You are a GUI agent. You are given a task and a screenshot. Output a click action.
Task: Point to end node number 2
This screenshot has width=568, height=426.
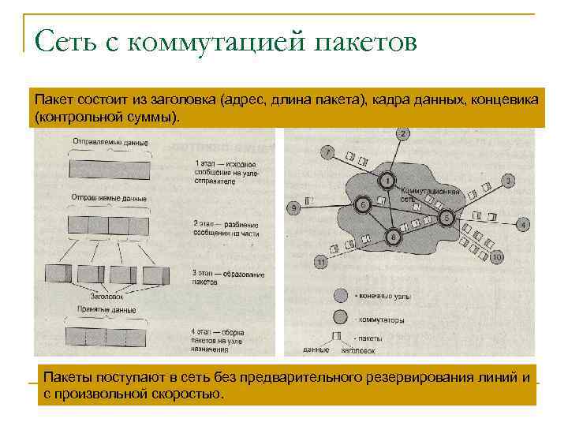click(403, 134)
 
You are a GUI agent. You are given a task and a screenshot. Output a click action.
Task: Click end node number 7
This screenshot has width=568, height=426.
click(328, 151)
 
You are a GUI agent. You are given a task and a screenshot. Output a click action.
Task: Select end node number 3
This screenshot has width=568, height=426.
click(509, 181)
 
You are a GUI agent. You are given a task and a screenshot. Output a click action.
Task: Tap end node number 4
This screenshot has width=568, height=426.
click(522, 225)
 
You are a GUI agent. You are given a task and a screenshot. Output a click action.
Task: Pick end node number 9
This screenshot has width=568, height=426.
click(293, 208)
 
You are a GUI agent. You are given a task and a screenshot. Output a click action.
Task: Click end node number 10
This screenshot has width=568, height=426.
click(497, 258)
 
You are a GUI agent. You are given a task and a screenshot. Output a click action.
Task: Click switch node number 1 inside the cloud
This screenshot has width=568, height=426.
click(387, 181)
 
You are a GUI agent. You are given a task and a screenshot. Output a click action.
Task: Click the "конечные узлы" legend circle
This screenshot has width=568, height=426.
click(340, 296)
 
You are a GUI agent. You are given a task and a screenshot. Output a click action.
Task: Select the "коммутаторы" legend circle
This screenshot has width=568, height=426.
click(340, 319)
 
